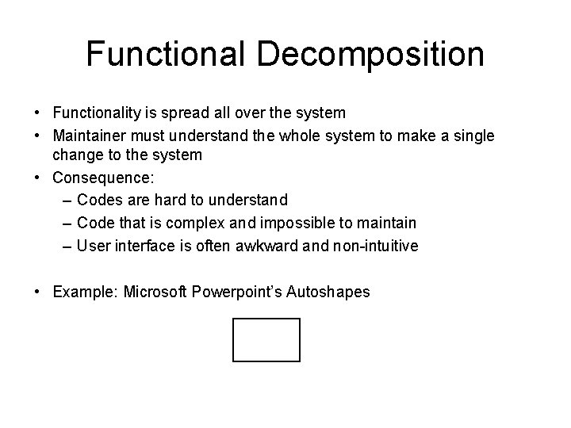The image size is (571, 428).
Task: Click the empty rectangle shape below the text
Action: coord(266,339)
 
